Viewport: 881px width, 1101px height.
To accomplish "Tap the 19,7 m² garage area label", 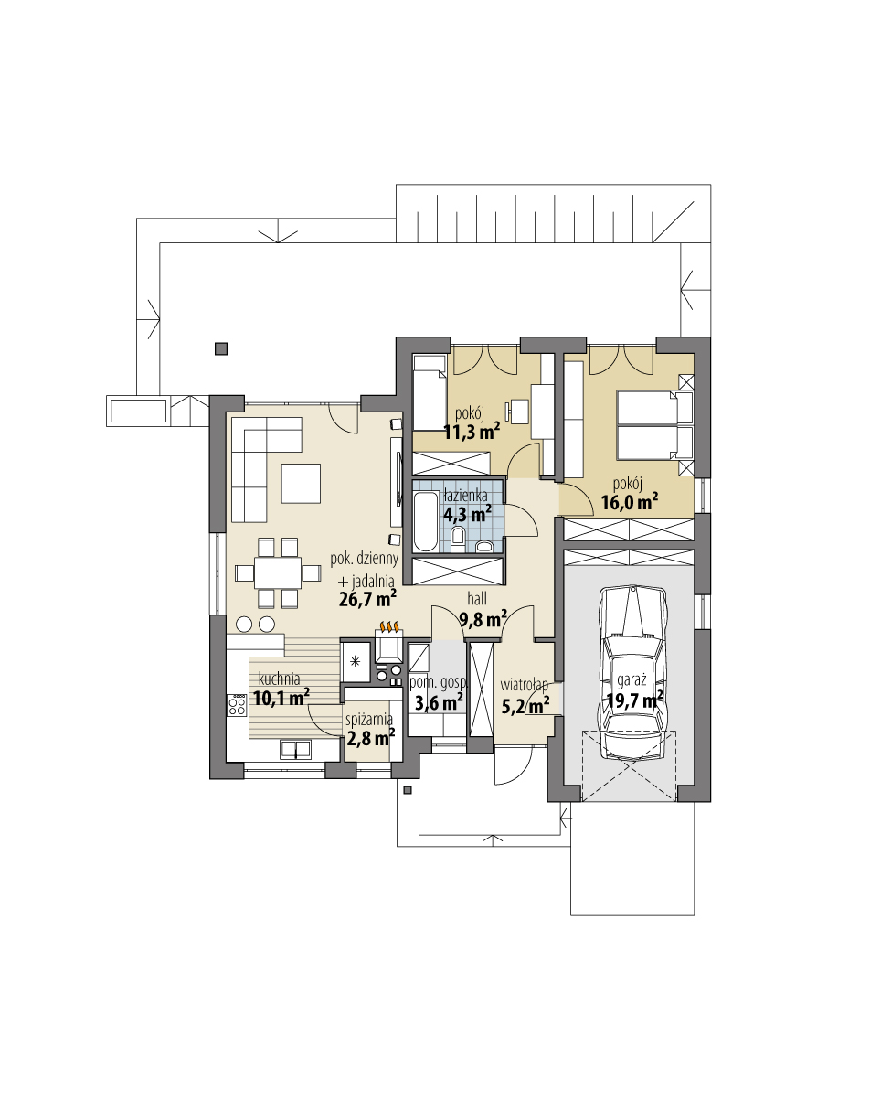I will pyautogui.click(x=633, y=701).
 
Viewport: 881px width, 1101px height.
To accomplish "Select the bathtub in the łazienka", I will pyautogui.click(x=425, y=522).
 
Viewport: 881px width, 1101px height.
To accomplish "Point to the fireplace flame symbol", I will pyautogui.click(x=390, y=627).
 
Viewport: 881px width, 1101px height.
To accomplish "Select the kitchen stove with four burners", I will pyautogui.click(x=238, y=705).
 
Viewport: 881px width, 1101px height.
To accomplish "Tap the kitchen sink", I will pyautogui.click(x=295, y=750).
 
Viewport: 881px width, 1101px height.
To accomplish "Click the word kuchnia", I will pyautogui.click(x=279, y=679).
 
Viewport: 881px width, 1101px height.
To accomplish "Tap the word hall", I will pyautogui.click(x=476, y=599).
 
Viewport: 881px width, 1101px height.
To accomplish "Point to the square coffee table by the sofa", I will pyautogui.click(x=301, y=483).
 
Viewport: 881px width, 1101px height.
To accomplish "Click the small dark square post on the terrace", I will pyautogui.click(x=220, y=347).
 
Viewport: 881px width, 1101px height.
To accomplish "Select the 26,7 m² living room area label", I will pyautogui.click(x=366, y=599).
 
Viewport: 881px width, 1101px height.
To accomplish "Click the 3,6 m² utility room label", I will pyautogui.click(x=438, y=702).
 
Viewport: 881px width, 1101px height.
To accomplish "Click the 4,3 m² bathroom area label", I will pyautogui.click(x=467, y=512).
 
